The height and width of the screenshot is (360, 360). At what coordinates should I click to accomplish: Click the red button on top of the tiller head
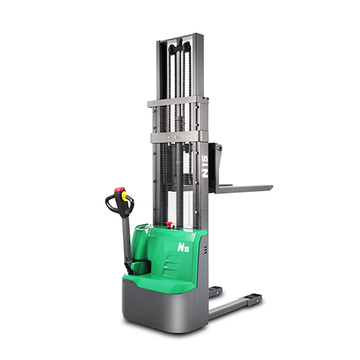(x=117, y=191)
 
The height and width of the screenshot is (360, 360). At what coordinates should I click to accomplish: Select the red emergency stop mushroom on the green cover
(x=170, y=223)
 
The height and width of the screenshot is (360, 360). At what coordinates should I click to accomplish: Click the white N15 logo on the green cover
(x=183, y=247)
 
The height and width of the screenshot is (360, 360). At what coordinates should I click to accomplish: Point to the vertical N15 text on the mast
(x=205, y=166)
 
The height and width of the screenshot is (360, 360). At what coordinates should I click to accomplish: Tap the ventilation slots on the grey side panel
(x=204, y=251)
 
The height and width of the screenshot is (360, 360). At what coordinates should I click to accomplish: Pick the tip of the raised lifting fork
(x=272, y=187)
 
